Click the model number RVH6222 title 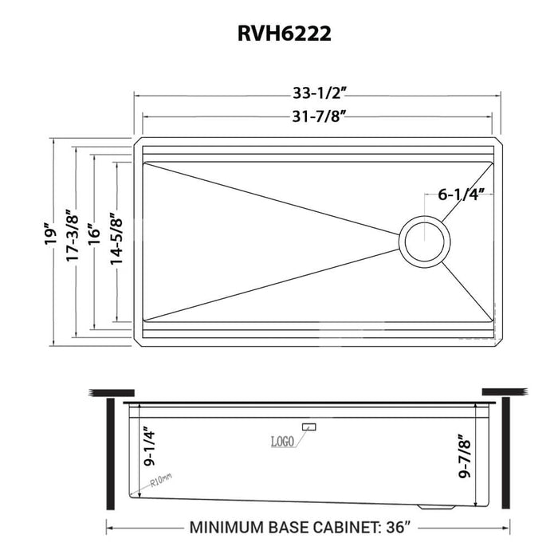tap(278, 34)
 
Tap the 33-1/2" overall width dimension tap(317, 92)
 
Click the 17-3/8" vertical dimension tap(73, 235)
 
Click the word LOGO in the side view tap(282, 441)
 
